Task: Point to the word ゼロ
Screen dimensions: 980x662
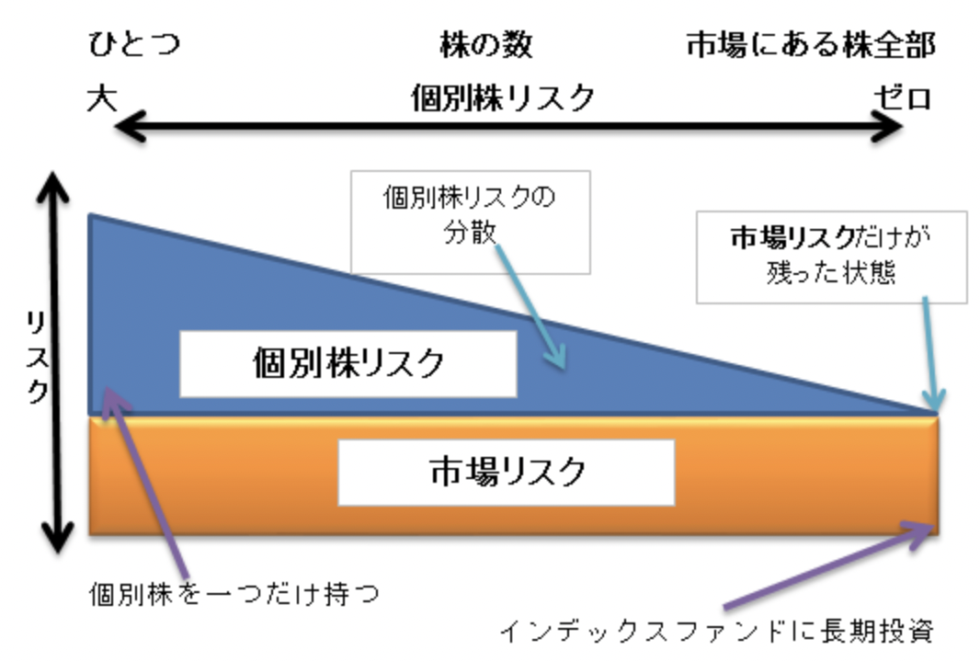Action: pyautogui.click(x=902, y=97)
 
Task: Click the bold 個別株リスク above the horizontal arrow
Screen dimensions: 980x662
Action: pyautogui.click(x=502, y=97)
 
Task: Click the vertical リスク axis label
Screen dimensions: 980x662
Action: pyautogui.click(x=37, y=357)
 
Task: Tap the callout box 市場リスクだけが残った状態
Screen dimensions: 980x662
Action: pyautogui.click(x=831, y=256)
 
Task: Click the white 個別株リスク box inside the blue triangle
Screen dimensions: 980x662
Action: pyautogui.click(x=348, y=363)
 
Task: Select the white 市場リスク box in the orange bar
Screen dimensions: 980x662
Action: pyautogui.click(x=506, y=472)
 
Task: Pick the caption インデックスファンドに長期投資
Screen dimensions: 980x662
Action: pyautogui.click(x=716, y=632)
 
